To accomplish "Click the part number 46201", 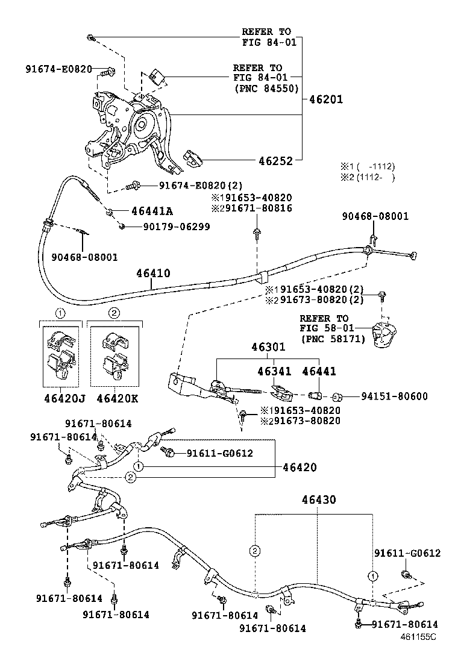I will pos(325,99).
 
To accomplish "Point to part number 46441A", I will pos(152,211).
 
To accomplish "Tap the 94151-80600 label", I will pos(394,396).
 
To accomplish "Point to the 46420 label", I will pos(301,467).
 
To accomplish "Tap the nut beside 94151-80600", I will pos(337,397).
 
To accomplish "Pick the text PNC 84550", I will pos(266,88).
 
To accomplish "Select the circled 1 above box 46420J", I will pos(60,313).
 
